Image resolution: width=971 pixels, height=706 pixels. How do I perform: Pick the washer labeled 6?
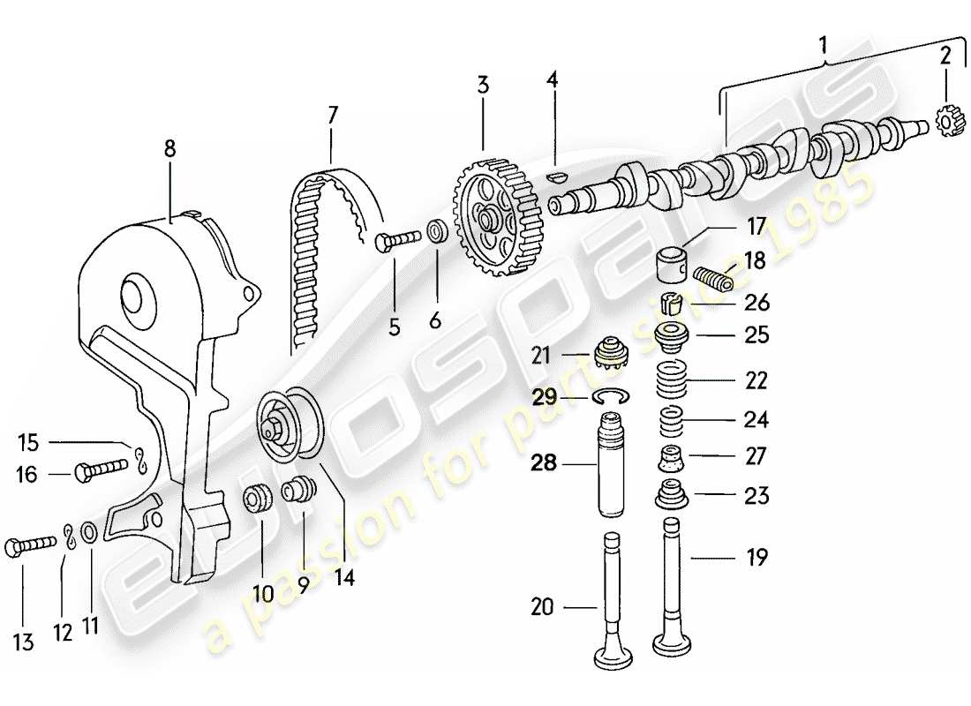[436, 233]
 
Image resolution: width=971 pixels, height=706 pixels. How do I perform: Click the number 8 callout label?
[169, 149]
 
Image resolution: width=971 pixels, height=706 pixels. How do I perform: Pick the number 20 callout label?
[541, 606]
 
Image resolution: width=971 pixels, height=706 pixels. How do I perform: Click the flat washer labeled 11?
[89, 533]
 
